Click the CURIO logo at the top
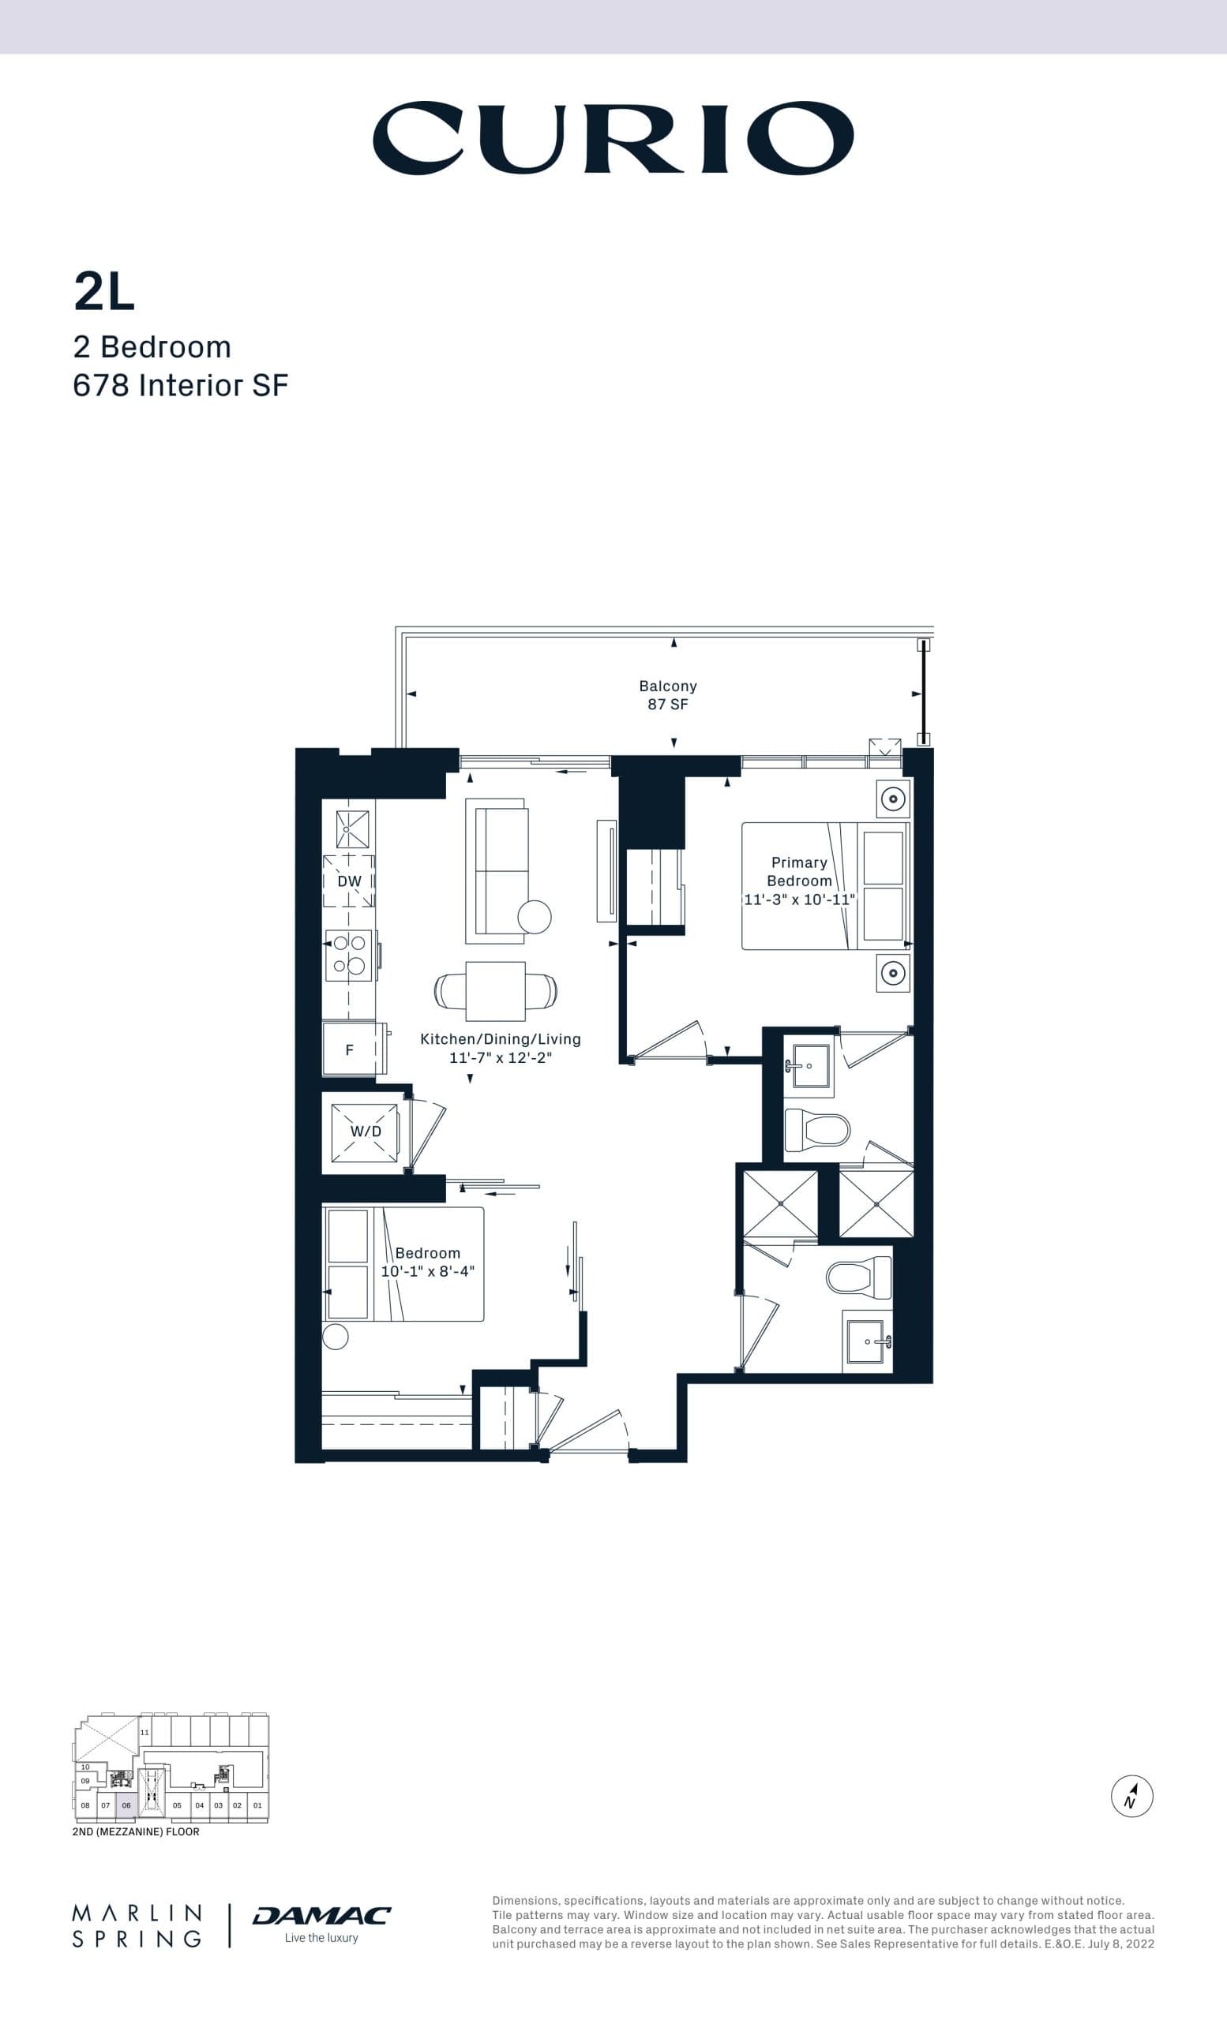click(613, 138)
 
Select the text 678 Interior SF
click(181, 385)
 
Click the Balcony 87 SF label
click(668, 694)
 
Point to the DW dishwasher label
click(350, 881)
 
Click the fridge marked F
click(350, 1049)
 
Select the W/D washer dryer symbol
click(365, 1132)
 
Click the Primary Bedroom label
click(799, 871)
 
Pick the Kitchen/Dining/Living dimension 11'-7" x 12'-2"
click(500, 1057)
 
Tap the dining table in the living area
click(495, 990)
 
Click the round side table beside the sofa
click(534, 917)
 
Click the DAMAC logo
click(321, 1915)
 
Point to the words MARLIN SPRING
click(137, 1926)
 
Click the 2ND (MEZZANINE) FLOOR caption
click(135, 1831)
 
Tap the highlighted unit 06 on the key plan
click(126, 1805)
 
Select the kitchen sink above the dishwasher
click(352, 829)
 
